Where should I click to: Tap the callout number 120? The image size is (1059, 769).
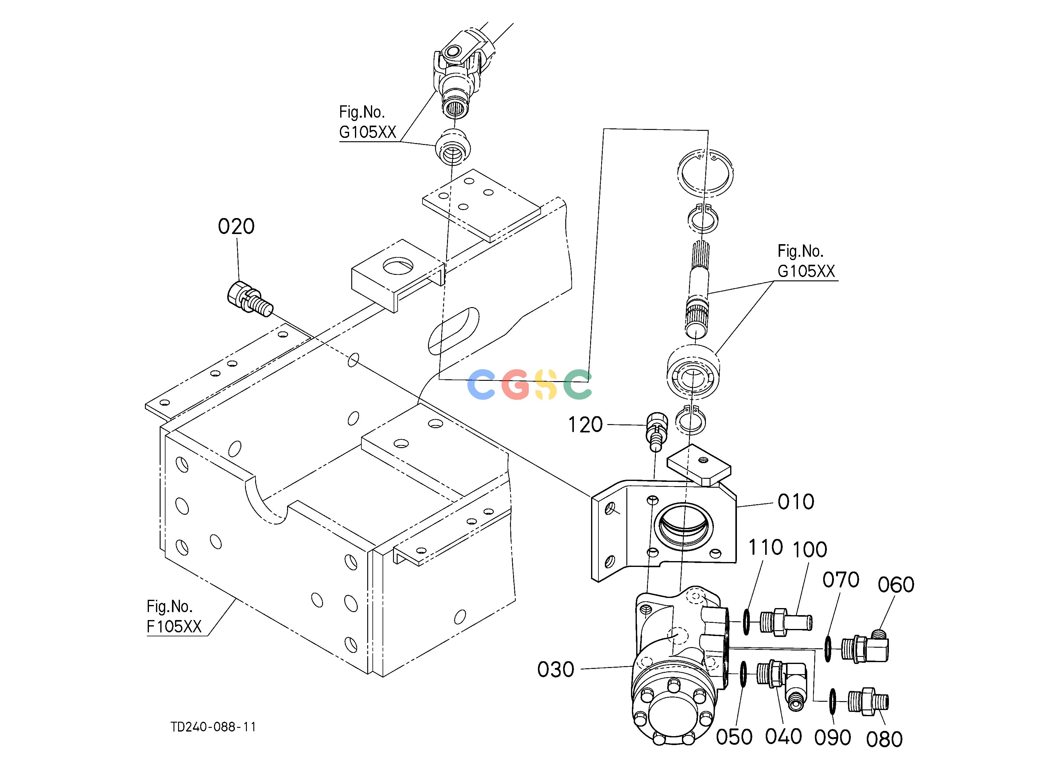(x=585, y=425)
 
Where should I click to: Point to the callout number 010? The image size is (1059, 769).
(x=796, y=502)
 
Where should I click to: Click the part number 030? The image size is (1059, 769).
(x=556, y=669)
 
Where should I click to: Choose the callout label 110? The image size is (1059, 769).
(x=766, y=547)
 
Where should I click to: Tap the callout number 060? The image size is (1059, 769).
(x=896, y=584)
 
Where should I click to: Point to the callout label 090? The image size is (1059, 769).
(x=832, y=738)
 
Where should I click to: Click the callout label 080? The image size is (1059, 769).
(x=884, y=740)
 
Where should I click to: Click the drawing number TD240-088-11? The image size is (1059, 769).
(x=213, y=727)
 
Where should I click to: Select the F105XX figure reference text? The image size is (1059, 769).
(x=174, y=627)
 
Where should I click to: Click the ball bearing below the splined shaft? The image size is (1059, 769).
(x=693, y=373)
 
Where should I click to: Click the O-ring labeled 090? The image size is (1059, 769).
(x=832, y=702)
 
